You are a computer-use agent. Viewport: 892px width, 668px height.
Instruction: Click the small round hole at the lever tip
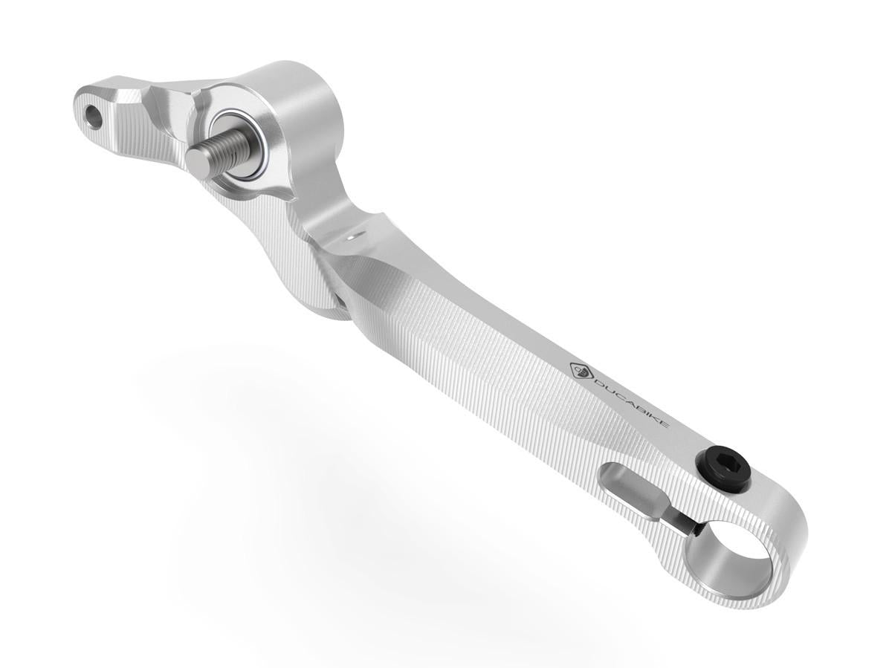[94, 115]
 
